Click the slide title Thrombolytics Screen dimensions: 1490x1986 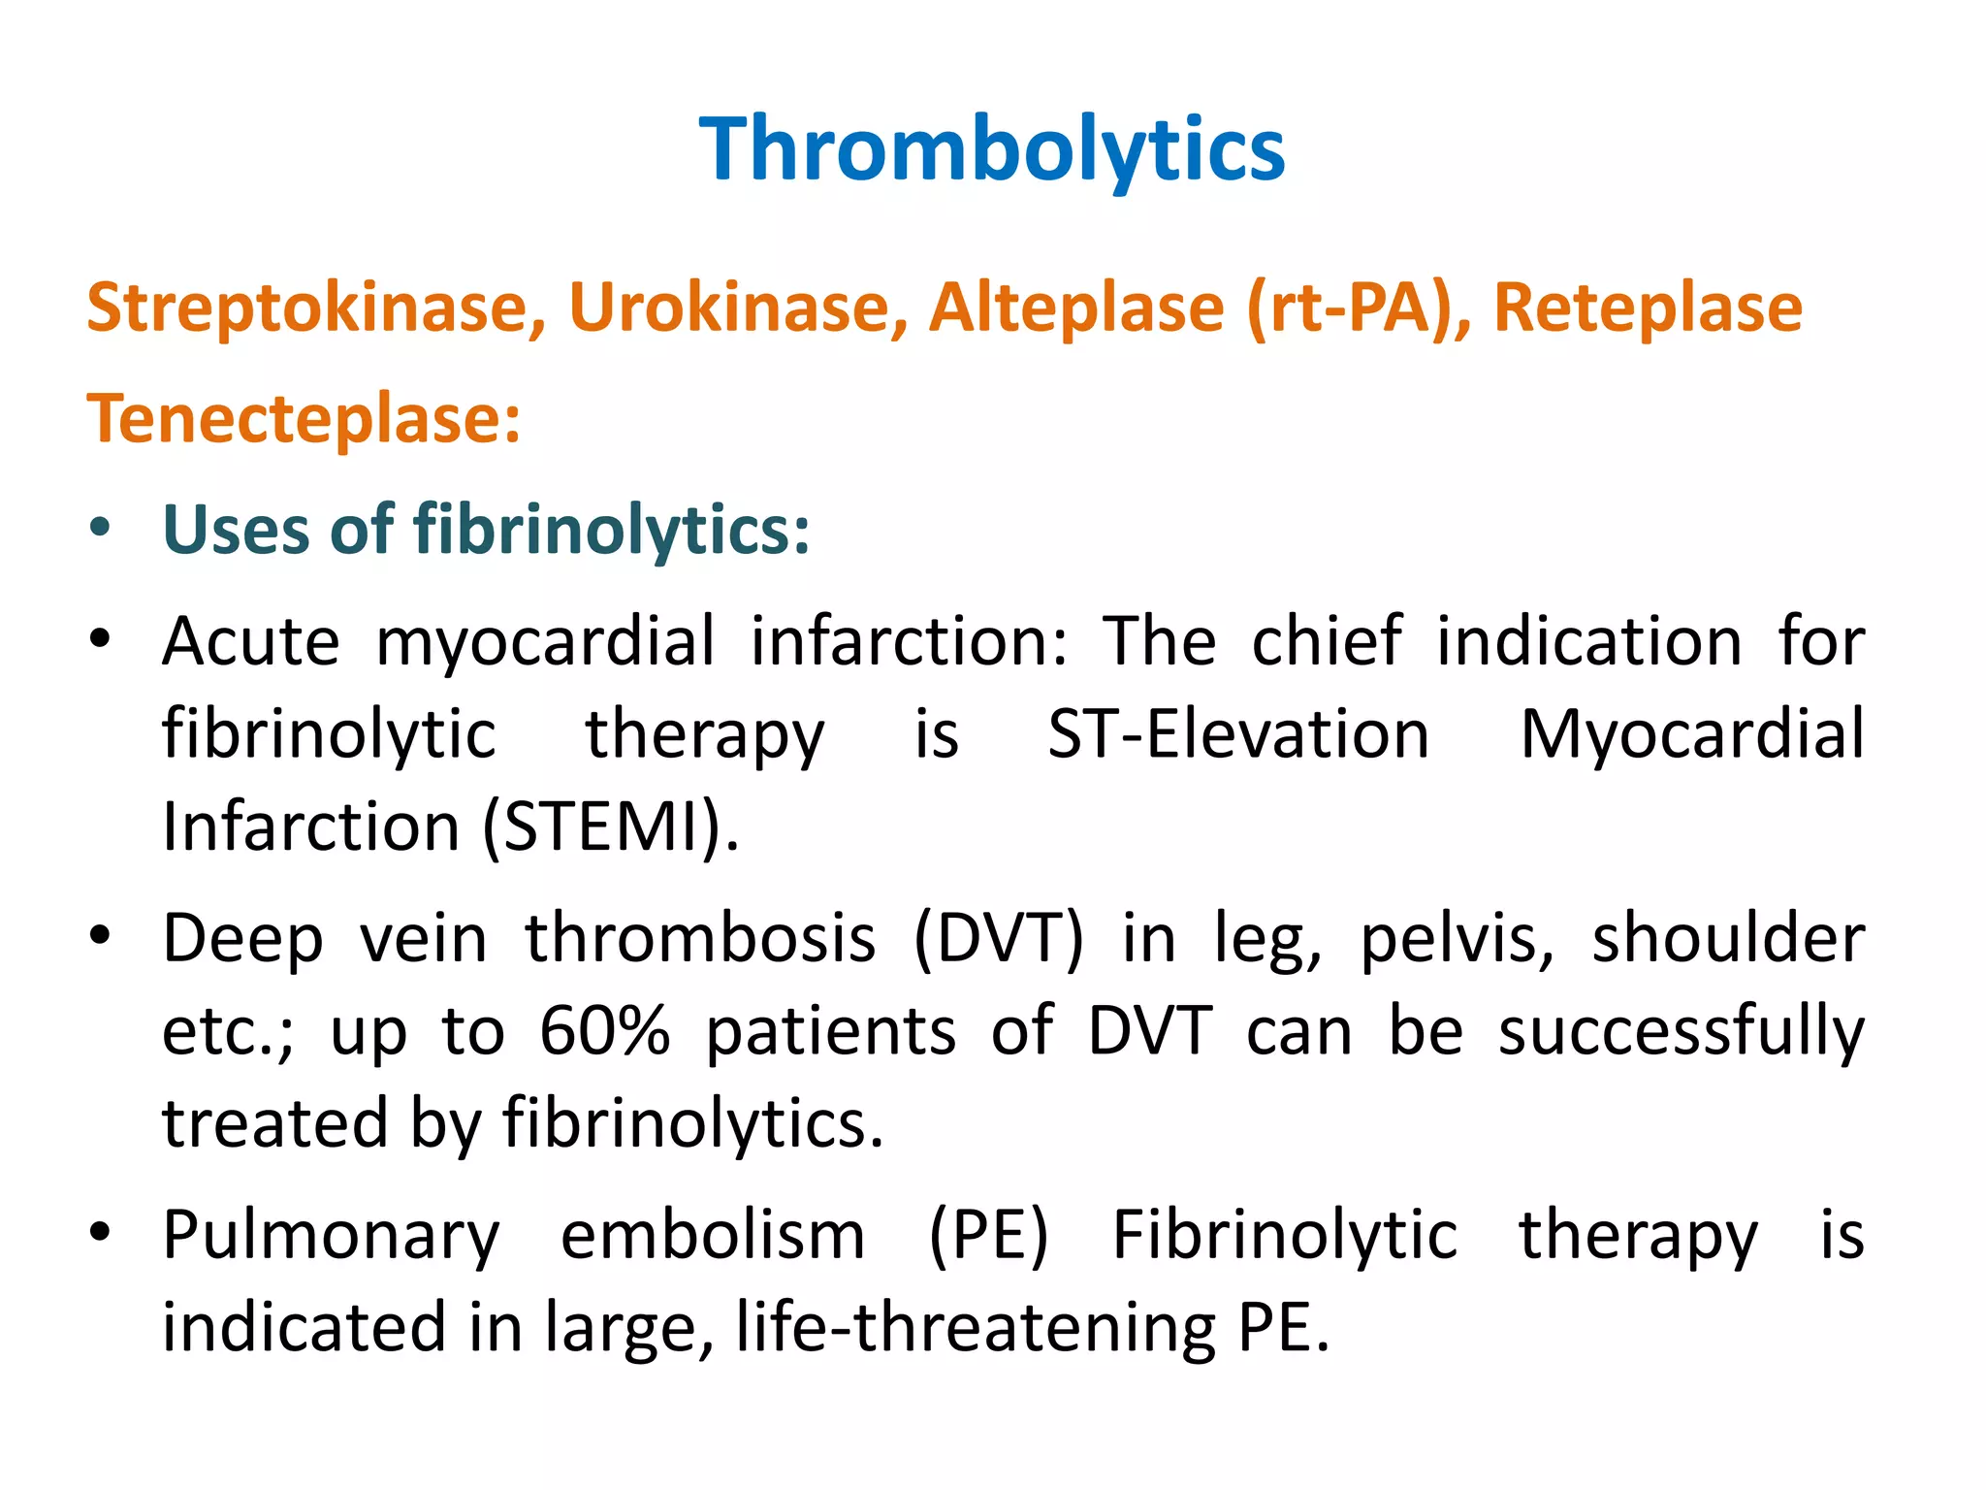click(992, 150)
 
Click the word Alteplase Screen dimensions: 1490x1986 click(1076, 308)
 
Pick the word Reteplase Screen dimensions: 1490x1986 click(1648, 308)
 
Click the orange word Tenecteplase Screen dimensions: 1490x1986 click(303, 420)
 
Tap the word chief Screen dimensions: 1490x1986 click(1326, 642)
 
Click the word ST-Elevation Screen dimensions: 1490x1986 click(1238, 734)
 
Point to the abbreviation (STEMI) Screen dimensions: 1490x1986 click(610, 827)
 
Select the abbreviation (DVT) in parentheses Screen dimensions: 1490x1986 click(999, 939)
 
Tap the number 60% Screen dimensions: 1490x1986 click(604, 1031)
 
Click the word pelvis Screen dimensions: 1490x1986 click(1457, 939)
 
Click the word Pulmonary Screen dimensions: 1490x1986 click(331, 1236)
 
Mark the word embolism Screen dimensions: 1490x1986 click(713, 1236)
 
